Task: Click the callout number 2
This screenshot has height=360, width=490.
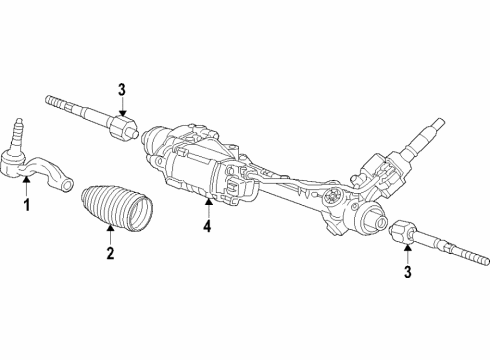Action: coord(111,254)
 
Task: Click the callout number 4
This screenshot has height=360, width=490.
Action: coord(208,226)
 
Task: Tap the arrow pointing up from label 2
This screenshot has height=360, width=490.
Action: coord(111,236)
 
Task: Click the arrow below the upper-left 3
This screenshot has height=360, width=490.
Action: coord(120,112)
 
